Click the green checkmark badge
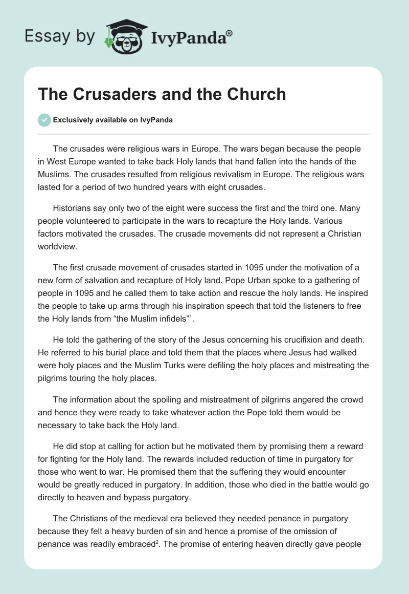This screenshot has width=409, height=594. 44,120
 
